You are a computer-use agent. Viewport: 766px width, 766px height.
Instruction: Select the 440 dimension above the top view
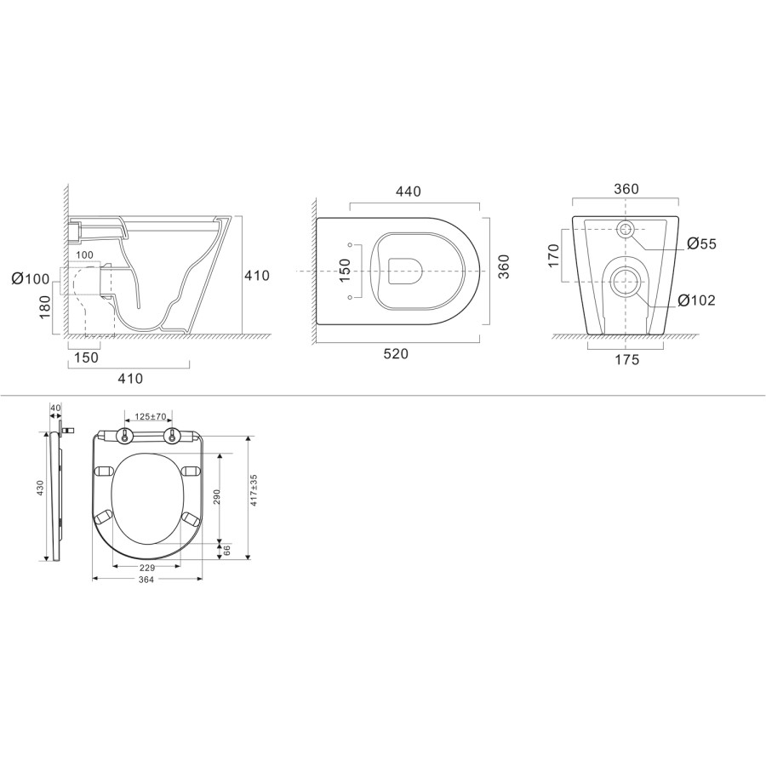click(408, 192)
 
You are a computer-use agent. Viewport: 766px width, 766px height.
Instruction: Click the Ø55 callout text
click(701, 244)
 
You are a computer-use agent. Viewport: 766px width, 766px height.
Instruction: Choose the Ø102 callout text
click(697, 300)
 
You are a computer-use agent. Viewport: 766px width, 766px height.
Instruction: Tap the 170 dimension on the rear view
click(552, 255)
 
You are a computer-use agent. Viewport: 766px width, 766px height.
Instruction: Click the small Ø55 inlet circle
click(626, 229)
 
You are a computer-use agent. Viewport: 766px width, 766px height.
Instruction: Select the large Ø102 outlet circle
click(626, 281)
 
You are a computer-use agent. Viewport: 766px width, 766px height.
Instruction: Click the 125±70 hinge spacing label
click(151, 417)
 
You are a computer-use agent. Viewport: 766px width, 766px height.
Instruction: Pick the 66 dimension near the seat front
click(226, 552)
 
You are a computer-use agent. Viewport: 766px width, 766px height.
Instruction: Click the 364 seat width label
click(146, 580)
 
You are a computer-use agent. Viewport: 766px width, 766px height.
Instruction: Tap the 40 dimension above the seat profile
click(56, 408)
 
